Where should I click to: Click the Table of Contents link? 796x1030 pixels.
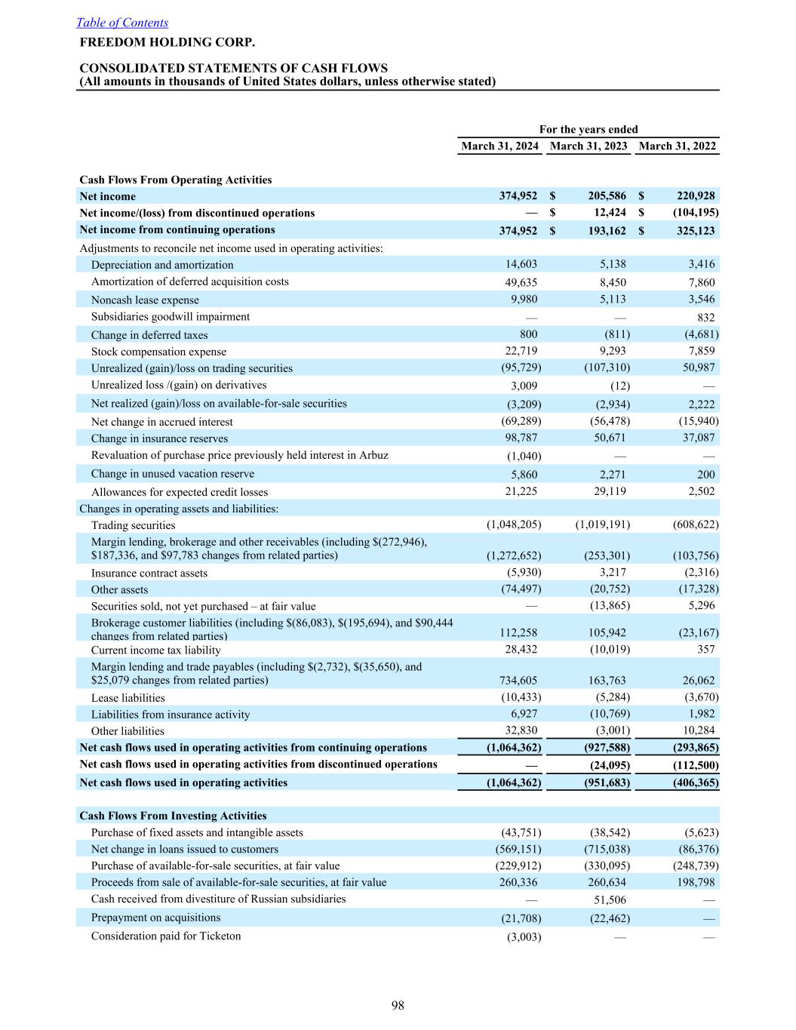coord(122,23)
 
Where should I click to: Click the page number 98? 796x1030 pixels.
coord(398,1005)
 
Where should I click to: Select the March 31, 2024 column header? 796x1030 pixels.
coord(499,146)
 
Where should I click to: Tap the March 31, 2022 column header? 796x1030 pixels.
coord(677,146)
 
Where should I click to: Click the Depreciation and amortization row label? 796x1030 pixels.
coord(162,265)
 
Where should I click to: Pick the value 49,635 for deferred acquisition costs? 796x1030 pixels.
coord(521,282)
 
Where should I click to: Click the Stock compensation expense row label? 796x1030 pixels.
coord(158,352)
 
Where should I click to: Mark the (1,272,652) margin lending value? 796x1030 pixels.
coord(513,556)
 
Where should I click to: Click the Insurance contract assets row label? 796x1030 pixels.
coord(149,573)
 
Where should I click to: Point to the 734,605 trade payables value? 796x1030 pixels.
coord(518,681)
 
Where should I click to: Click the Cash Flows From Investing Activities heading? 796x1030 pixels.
coord(173,816)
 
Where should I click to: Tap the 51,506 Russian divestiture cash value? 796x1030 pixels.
coord(610,900)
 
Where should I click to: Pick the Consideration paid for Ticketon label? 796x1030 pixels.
coord(166,936)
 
